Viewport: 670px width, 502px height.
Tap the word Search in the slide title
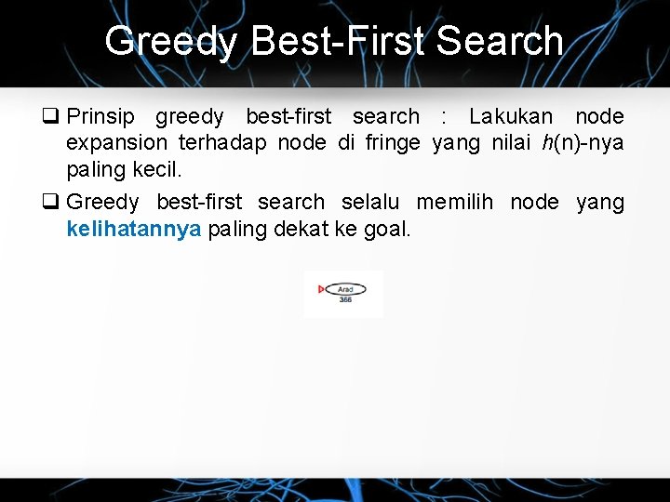(x=500, y=41)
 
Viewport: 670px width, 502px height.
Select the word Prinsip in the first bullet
(x=101, y=117)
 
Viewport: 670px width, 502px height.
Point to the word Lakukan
(x=511, y=117)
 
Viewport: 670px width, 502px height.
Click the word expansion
(x=117, y=143)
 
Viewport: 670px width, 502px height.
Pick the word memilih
(x=456, y=202)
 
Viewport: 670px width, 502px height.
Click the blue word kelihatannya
(x=134, y=229)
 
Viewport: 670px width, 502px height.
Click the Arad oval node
(x=345, y=289)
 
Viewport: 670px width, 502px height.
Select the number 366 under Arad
(x=345, y=299)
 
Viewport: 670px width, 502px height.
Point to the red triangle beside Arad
(x=322, y=289)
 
